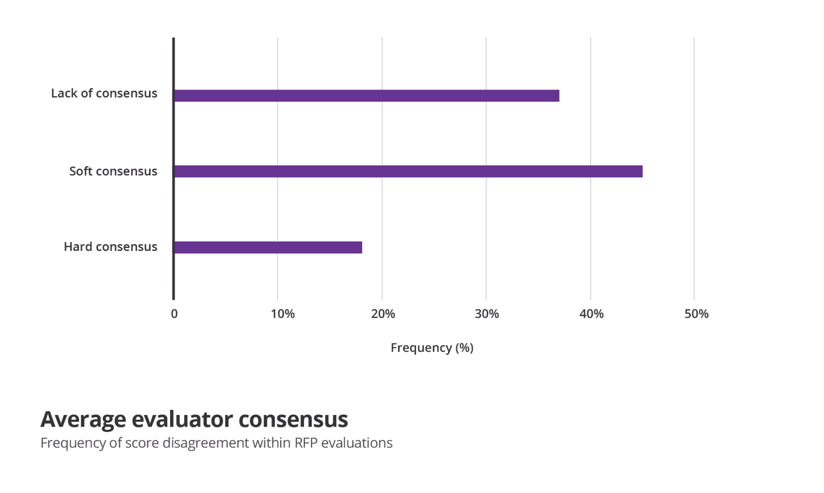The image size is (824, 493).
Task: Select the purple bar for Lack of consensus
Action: click(x=366, y=95)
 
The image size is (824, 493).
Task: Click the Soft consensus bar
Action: click(x=408, y=171)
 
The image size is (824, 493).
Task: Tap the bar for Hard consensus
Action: click(x=268, y=247)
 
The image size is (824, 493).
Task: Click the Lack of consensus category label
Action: click(x=104, y=93)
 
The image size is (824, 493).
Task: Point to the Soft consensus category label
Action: click(x=113, y=171)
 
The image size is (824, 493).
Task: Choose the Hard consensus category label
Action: click(x=110, y=246)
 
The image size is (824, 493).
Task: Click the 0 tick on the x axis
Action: click(x=174, y=314)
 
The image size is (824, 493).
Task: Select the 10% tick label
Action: click(x=283, y=314)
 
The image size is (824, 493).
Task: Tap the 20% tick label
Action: click(x=383, y=314)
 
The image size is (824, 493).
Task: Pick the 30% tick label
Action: click(x=487, y=314)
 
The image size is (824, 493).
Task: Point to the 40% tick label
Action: click(x=591, y=314)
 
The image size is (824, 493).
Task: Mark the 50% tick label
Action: click(x=696, y=314)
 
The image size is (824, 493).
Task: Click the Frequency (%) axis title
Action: click(x=432, y=348)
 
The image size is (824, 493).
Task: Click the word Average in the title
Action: click(x=83, y=419)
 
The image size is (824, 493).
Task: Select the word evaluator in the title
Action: click(x=182, y=419)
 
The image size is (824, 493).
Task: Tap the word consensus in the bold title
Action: click(x=293, y=419)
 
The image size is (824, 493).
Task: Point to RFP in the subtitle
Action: click(x=306, y=443)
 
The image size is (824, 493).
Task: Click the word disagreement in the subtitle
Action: click(x=210, y=443)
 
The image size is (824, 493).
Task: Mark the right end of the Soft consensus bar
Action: click(x=641, y=171)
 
